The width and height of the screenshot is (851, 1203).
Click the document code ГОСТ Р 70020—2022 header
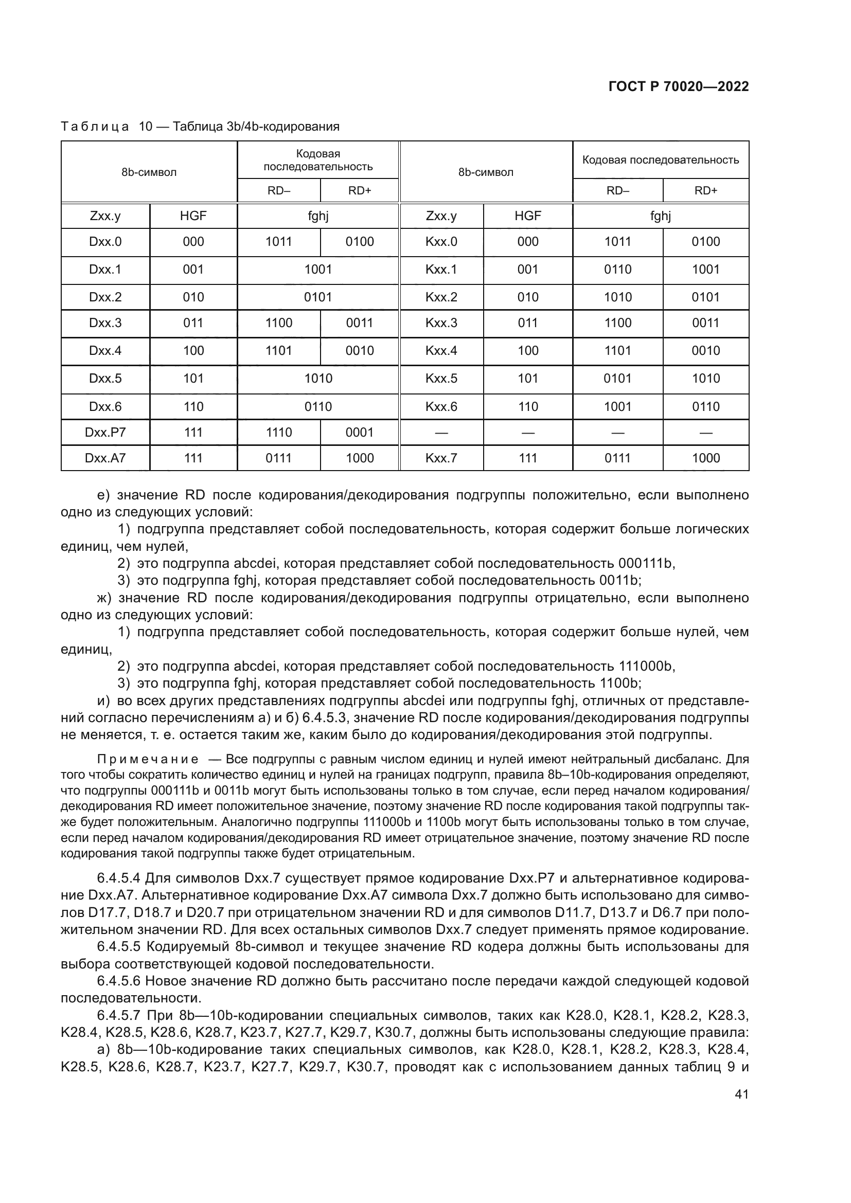[678, 87]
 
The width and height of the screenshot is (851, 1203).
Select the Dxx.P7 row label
[105, 432]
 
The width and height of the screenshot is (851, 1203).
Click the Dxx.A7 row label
[105, 458]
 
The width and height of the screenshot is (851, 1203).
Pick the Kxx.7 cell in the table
[441, 458]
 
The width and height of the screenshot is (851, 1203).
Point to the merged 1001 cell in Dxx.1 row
[318, 270]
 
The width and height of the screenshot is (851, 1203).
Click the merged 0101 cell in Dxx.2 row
[318, 297]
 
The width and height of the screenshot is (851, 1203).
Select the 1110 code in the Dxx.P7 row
[279, 432]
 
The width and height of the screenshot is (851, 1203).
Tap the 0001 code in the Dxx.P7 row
[360, 432]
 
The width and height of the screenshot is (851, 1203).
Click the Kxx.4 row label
[441, 351]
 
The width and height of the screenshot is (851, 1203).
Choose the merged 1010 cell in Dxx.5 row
[318, 379]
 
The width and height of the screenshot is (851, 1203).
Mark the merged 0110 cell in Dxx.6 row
[318, 407]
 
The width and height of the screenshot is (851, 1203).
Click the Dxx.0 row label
[105, 242]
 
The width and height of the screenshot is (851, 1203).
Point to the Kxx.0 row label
[441, 242]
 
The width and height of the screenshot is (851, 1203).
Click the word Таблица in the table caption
[95, 127]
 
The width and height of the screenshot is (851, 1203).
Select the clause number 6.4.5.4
[119, 877]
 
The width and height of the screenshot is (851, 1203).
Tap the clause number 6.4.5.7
[119, 1015]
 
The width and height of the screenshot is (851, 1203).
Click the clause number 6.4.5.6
[119, 981]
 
